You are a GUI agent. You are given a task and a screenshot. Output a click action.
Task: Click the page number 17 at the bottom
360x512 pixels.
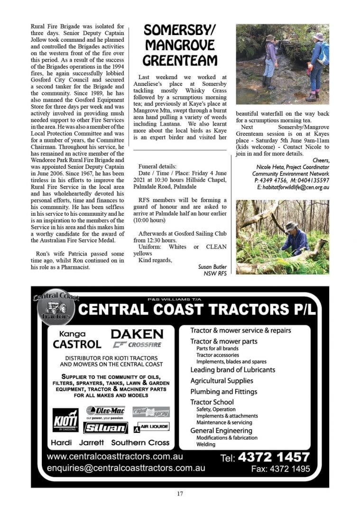click(180, 494)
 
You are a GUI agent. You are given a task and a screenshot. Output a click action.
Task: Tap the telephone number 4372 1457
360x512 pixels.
click(274, 457)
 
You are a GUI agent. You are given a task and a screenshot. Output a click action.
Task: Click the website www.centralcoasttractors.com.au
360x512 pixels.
click(115, 457)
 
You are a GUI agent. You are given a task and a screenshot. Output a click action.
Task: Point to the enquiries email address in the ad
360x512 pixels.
click(126, 467)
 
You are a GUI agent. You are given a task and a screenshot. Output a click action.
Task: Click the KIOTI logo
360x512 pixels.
click(65, 420)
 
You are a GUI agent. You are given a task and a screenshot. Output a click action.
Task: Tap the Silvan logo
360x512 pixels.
click(105, 428)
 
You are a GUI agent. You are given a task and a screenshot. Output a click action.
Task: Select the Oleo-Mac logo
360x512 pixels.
click(105, 410)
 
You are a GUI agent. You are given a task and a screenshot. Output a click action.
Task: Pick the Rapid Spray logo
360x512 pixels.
click(151, 411)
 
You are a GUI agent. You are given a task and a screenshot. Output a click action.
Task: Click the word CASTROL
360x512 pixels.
click(77, 344)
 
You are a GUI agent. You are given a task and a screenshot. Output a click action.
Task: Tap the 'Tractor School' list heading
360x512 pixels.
click(212, 402)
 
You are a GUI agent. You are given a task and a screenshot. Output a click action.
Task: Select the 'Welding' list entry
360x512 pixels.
click(206, 444)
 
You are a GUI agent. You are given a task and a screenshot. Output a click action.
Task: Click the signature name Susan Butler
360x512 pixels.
click(212, 267)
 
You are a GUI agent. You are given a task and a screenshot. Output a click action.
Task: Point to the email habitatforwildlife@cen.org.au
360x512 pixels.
click(293, 188)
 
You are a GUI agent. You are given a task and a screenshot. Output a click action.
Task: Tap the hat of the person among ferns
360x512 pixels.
click(290, 226)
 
